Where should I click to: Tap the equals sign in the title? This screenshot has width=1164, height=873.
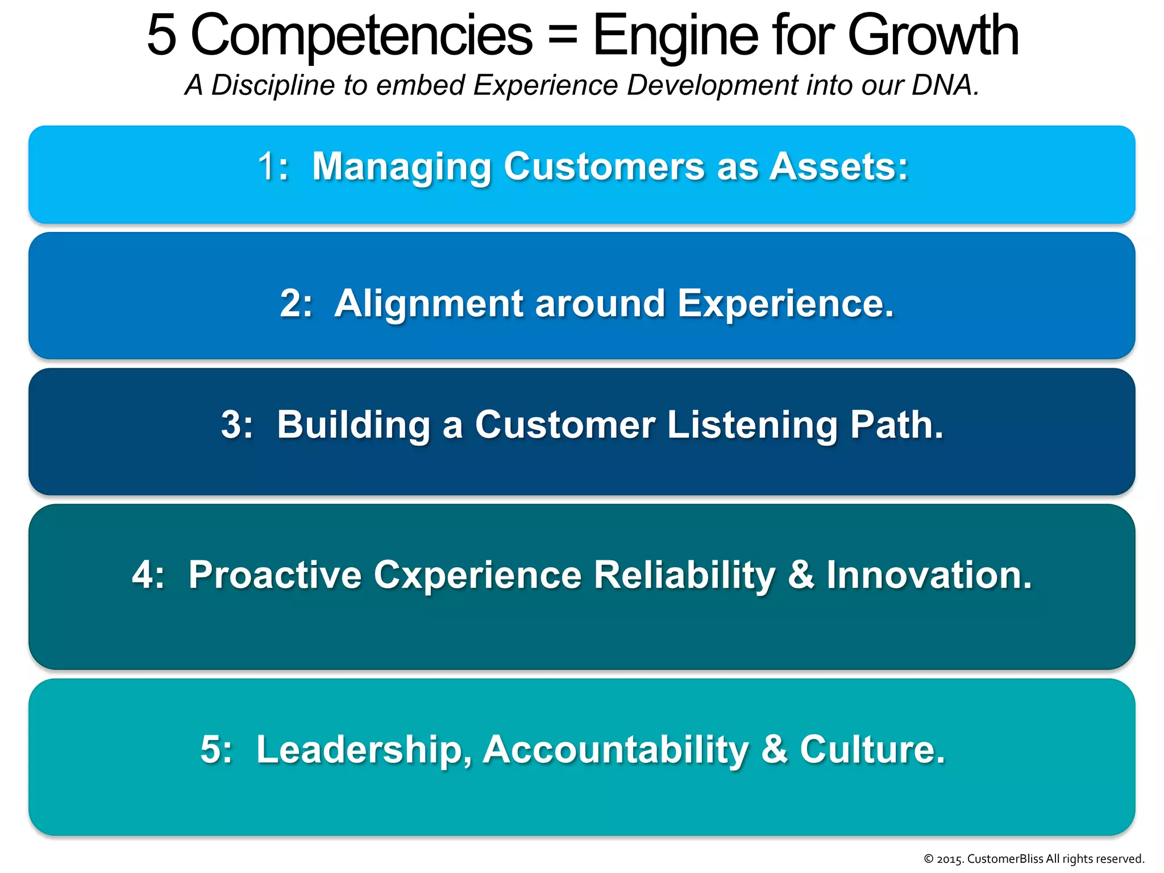(x=562, y=35)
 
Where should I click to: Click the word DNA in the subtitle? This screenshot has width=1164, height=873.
(x=944, y=85)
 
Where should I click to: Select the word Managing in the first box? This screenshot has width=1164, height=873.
(x=401, y=167)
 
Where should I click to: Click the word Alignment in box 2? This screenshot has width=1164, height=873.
(x=428, y=304)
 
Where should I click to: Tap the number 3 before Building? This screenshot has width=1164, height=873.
(x=231, y=425)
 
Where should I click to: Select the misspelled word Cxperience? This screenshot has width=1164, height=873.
(x=477, y=575)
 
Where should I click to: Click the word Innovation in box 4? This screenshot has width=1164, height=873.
(x=928, y=575)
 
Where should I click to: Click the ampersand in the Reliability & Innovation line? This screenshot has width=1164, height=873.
(x=800, y=575)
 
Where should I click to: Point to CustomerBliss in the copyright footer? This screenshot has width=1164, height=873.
(x=1005, y=859)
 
